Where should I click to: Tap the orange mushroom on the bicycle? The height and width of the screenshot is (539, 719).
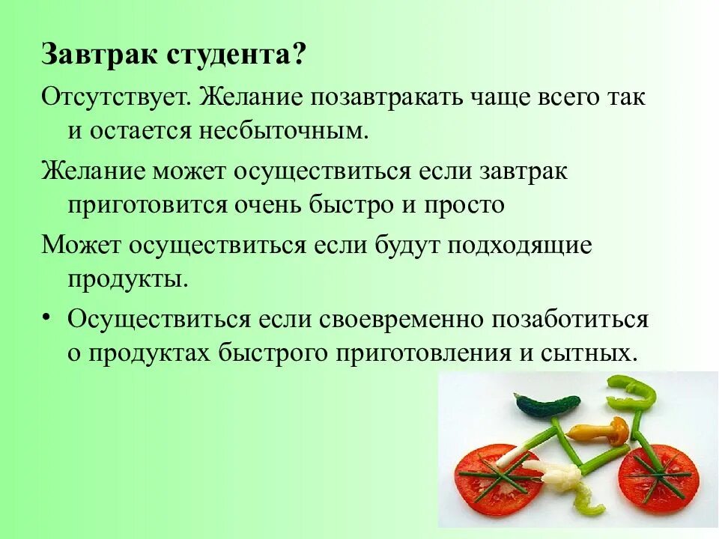600,430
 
